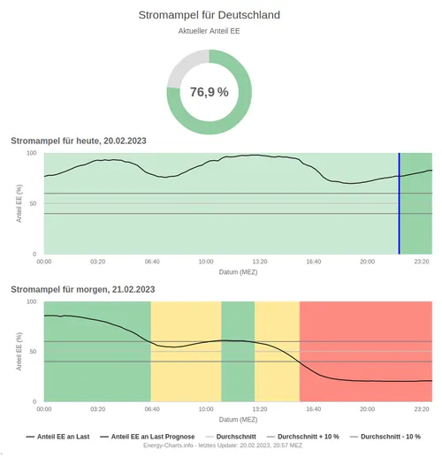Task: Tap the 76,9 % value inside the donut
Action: pyautogui.click(x=209, y=92)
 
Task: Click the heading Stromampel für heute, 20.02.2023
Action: pyautogui.click(x=78, y=141)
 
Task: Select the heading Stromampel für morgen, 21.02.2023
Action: pyautogui.click(x=82, y=289)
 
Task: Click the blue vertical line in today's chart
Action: pyautogui.click(x=399, y=203)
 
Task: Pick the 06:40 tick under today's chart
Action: pyautogui.click(x=151, y=262)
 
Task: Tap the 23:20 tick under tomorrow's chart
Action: pyautogui.click(x=422, y=409)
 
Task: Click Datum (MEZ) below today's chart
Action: pyautogui.click(x=238, y=271)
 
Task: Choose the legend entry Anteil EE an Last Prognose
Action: pyautogui.click(x=149, y=437)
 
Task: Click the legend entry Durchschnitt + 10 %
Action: pyautogui.click(x=302, y=437)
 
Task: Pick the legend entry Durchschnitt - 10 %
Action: pyautogui.click(x=389, y=437)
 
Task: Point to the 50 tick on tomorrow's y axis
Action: pyautogui.click(x=33, y=352)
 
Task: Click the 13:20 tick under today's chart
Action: pyautogui.click(x=259, y=262)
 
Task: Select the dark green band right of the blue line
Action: pyautogui.click(x=416, y=203)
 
